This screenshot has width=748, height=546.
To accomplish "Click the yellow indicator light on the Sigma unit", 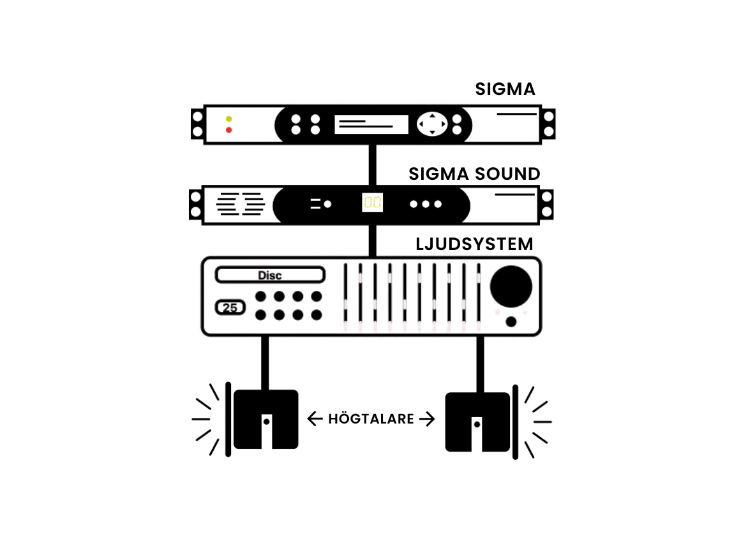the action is tap(228, 119).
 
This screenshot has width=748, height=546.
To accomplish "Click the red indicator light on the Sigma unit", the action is tap(228, 130).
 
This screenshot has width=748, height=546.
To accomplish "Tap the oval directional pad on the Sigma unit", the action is tap(433, 124).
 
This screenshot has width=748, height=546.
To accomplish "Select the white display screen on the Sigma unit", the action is tap(371, 124).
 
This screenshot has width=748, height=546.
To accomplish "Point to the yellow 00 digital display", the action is tap(372, 203).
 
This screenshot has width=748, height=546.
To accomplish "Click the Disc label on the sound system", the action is tap(270, 276).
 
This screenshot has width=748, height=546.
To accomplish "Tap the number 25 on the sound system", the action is tap(231, 308).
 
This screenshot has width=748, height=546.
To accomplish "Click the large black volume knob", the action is tap(511, 286).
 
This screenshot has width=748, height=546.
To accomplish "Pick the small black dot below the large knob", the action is tap(511, 321).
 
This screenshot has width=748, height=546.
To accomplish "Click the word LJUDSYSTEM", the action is tap(474, 244).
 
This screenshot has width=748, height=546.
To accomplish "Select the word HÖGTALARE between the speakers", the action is tap(371, 419).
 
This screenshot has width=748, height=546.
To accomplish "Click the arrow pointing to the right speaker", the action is tap(427, 419).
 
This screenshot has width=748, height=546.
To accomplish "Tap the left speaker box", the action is tap(266, 419).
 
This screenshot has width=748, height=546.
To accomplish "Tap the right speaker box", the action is tap(477, 422).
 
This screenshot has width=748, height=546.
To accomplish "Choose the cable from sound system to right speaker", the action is tap(480, 364).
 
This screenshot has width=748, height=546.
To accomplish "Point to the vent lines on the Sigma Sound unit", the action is tap(240, 203).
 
